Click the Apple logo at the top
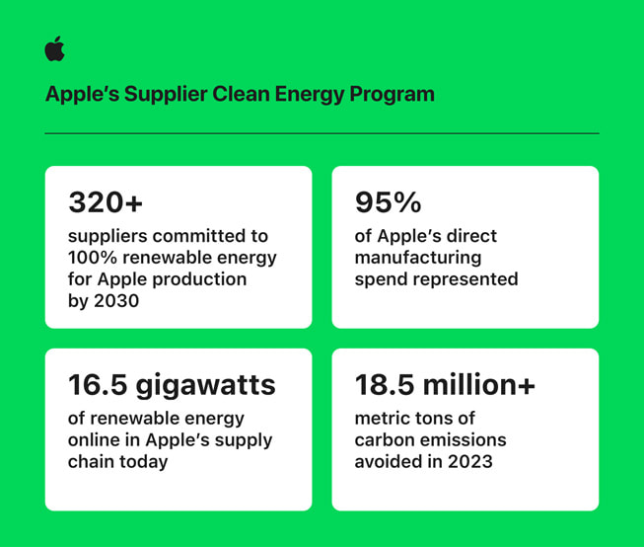coord(54,49)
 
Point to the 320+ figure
coord(106,202)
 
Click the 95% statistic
coord(389,202)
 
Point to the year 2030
coord(116,301)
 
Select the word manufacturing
coord(418,258)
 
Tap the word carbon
coord(384,439)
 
